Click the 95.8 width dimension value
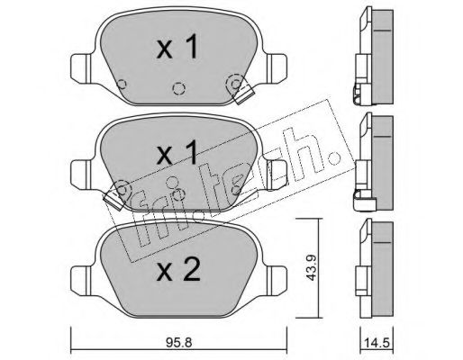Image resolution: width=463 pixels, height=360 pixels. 178,342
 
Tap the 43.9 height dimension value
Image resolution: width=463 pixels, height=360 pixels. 311,267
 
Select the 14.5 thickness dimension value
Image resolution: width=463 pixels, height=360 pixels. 377,343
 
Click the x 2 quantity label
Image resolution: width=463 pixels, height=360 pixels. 178,269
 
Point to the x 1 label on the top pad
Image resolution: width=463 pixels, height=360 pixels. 177,46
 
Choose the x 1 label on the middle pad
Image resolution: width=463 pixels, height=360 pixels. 177,152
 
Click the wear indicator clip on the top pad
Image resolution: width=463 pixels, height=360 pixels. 244,94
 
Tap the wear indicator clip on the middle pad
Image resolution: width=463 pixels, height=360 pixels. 113,200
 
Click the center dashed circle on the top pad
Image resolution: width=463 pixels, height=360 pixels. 178,88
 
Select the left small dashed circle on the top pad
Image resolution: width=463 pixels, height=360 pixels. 122,84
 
